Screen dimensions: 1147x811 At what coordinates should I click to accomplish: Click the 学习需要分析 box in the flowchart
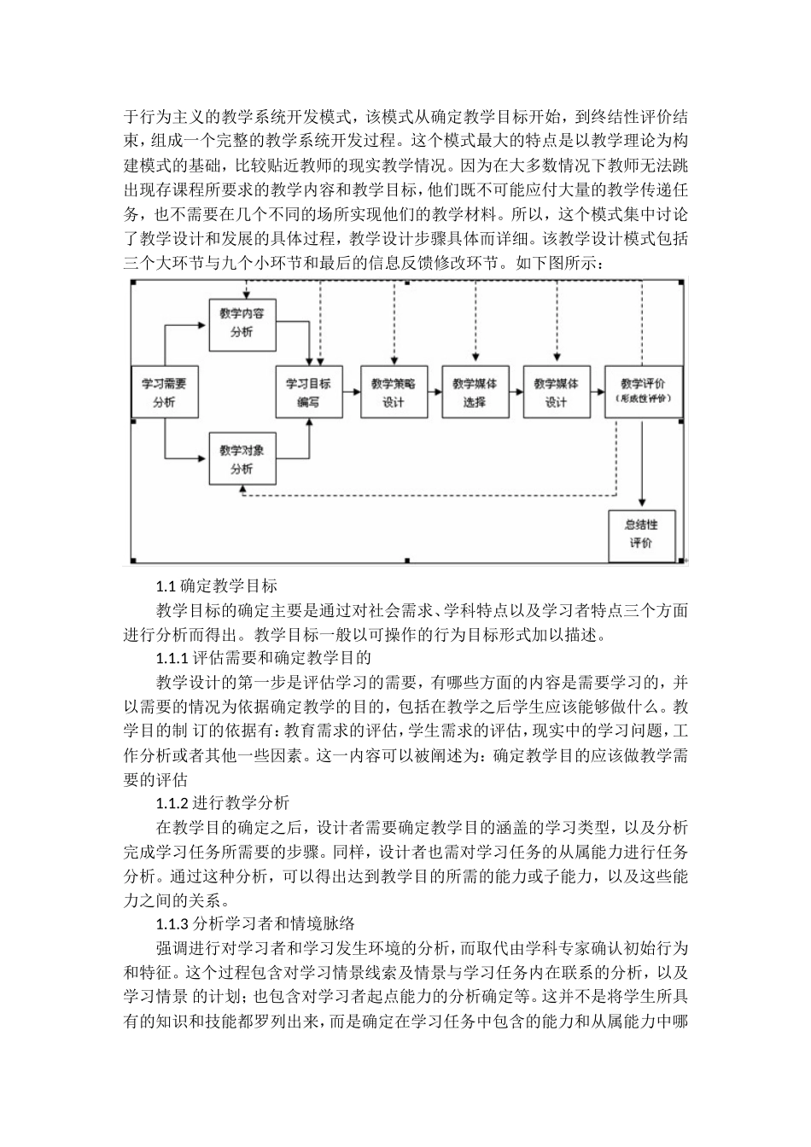163,393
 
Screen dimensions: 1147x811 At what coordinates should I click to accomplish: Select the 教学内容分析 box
242,323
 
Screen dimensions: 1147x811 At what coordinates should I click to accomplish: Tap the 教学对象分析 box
242,459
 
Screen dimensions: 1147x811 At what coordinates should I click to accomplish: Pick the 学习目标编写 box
308,393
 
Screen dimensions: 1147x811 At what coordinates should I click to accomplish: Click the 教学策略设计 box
393,393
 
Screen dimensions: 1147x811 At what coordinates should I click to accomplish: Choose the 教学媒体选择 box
474,393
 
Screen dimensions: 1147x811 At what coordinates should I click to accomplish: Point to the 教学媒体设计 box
556,393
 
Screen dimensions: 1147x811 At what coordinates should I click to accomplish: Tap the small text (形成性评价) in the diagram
643,399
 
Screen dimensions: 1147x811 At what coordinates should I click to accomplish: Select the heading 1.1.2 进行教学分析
223,803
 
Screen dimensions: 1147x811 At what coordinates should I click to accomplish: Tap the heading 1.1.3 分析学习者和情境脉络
254,923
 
